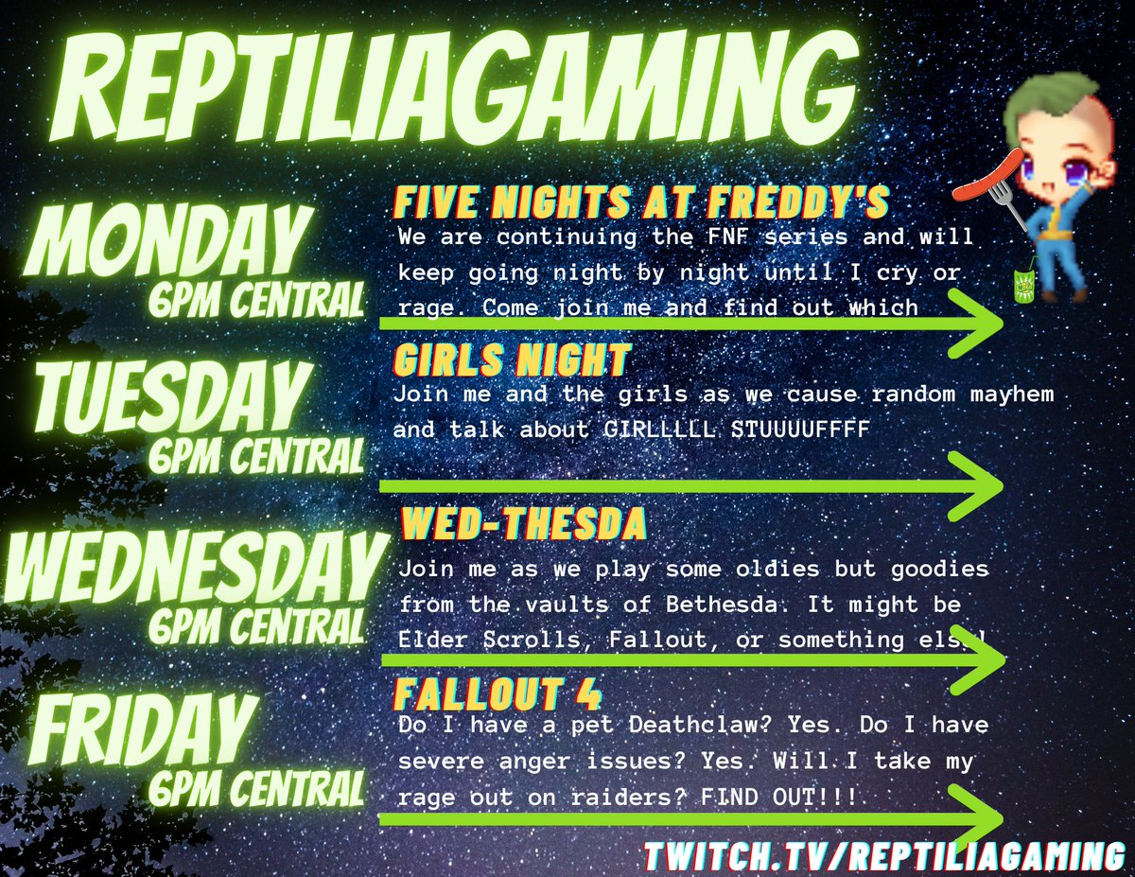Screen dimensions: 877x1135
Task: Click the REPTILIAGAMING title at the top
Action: click(454, 90)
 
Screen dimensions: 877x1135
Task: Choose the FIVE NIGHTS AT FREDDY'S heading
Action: click(640, 202)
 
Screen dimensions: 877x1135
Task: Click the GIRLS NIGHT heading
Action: click(511, 360)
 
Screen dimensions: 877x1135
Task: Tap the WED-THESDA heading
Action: click(524, 522)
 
